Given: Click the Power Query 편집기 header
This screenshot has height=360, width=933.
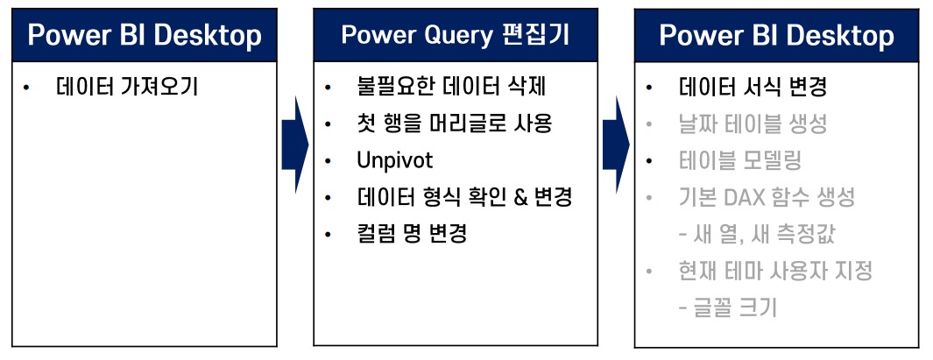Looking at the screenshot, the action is (455, 34).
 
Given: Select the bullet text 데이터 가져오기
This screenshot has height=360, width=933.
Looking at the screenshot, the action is (127, 87).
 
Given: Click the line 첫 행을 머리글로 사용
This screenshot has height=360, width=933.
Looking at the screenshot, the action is (454, 124).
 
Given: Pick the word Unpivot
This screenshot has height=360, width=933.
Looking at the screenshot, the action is (394, 160).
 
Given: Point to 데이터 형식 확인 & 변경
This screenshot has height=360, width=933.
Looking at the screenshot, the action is (464, 197).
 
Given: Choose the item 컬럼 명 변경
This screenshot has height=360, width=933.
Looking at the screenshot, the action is (411, 234).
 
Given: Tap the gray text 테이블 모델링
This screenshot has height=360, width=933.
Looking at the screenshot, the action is (740, 160).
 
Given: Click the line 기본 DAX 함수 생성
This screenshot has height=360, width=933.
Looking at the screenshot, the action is (767, 197).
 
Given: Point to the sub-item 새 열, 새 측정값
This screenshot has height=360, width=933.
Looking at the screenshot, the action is (762, 234).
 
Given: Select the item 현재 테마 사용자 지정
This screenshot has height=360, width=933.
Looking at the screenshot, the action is (775, 271).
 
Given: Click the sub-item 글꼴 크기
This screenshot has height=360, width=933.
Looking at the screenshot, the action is (727, 307).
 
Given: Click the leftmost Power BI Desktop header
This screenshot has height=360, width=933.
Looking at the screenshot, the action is (145, 35).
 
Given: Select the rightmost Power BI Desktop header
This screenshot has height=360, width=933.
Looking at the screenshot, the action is (777, 35).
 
